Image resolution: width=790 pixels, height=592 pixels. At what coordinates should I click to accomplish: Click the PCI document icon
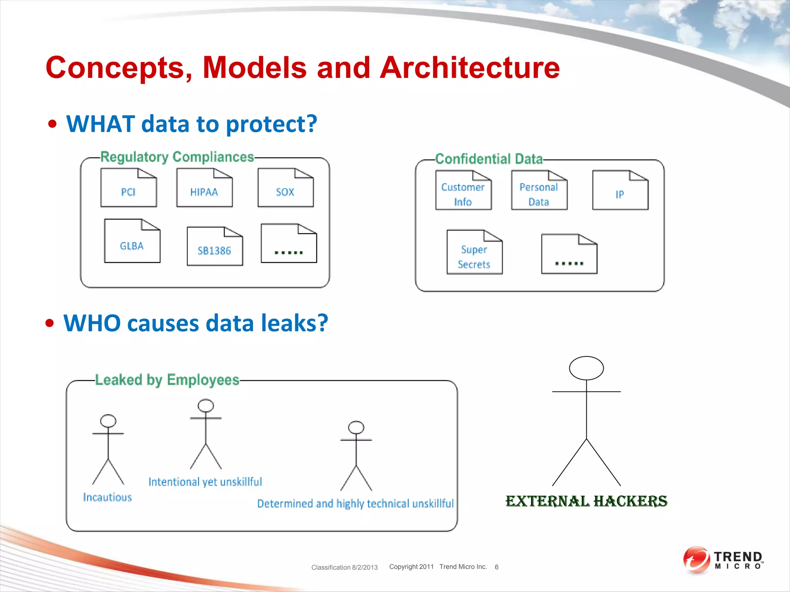pos(128,188)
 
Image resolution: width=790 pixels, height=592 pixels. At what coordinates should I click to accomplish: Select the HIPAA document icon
pos(204,188)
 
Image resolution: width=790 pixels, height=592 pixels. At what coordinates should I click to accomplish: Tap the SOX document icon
pos(285,188)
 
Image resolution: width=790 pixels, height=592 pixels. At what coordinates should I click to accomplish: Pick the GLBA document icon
pos(132,241)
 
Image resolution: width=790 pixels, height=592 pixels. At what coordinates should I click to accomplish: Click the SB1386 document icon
pos(214,247)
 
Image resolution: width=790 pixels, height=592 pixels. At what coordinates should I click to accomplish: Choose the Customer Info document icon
pos(463,190)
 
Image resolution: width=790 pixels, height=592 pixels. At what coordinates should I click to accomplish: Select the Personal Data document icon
pos(539,190)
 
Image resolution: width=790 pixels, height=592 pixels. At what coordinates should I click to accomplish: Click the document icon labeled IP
pos(620,190)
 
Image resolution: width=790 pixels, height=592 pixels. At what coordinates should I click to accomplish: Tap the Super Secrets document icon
pos(474,252)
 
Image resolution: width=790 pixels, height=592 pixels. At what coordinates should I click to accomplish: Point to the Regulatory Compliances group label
pos(177,157)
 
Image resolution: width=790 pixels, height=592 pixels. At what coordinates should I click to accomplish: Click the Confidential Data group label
pos(489,159)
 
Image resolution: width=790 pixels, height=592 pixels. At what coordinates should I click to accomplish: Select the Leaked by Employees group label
pos(167,380)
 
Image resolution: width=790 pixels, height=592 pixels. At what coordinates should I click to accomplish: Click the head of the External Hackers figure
pos(586,368)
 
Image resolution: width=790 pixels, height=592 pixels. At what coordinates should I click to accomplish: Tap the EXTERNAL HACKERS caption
pos(586,501)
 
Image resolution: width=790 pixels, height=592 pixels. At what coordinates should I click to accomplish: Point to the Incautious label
pos(107,497)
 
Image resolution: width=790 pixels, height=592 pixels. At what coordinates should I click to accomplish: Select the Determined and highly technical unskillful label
pos(355,503)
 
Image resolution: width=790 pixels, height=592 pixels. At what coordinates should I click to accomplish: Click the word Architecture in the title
pos(469,68)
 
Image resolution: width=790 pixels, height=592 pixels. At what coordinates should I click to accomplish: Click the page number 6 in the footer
pos(496,567)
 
